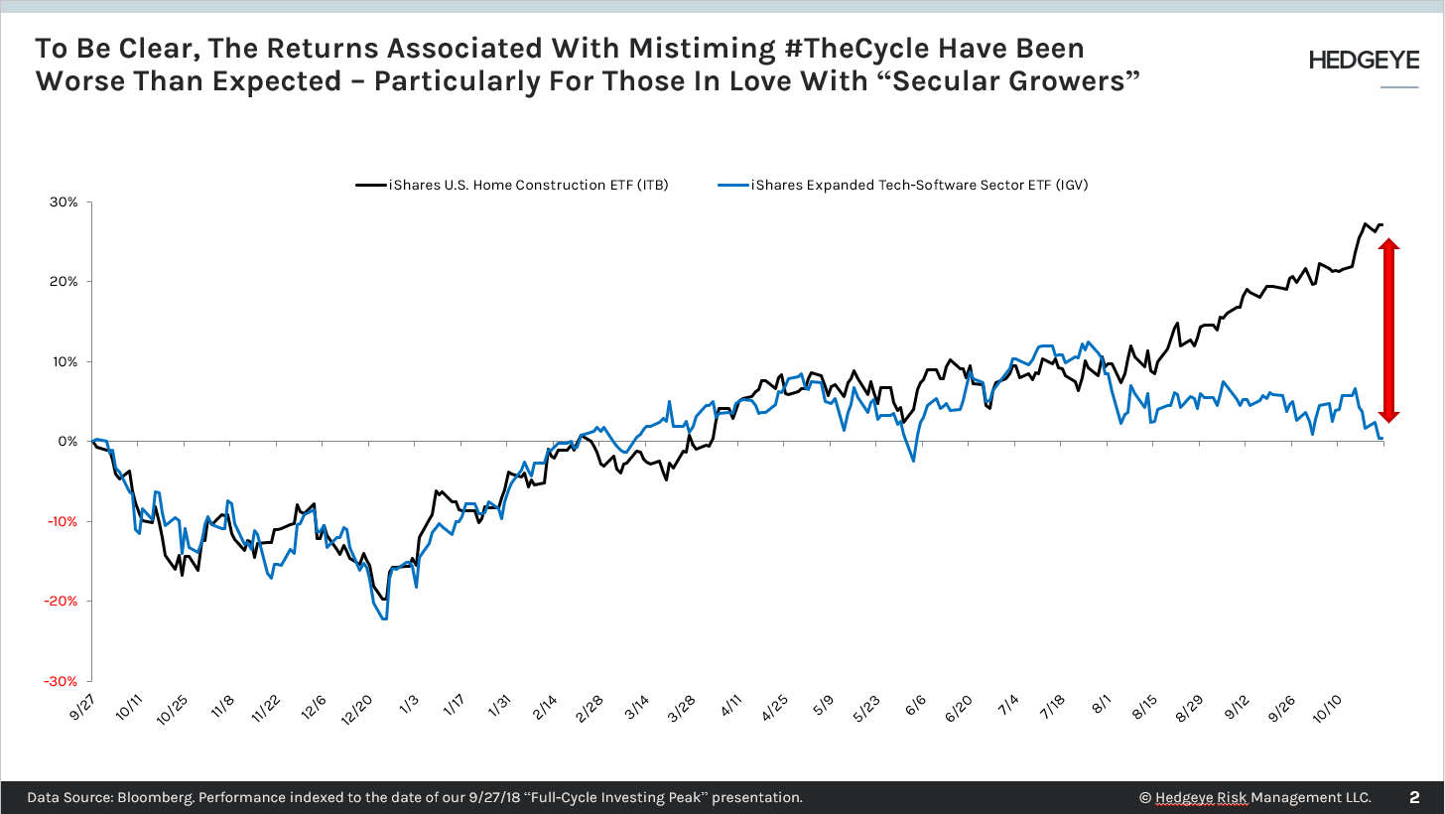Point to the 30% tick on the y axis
65,203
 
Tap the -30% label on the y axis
63,682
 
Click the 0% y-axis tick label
67,442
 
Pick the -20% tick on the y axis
63,602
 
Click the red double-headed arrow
1388,331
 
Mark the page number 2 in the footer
1414,797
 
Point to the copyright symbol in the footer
1145,798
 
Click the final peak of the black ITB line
1366,223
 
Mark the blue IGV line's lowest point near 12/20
383,619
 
